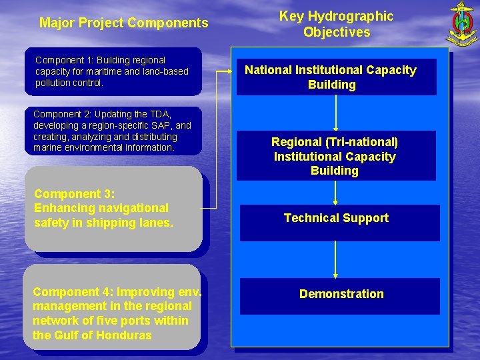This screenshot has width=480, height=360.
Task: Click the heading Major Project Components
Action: [x=124, y=23]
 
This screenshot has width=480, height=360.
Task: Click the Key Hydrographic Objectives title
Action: [x=336, y=24]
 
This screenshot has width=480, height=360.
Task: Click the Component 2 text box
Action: [x=112, y=131]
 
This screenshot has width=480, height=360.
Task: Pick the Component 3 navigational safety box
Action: [x=113, y=209]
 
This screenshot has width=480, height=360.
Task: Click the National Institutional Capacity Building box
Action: [x=336, y=77]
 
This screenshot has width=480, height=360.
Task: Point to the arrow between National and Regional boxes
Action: [x=336, y=113]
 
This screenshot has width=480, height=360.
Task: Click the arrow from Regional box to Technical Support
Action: [x=335, y=192]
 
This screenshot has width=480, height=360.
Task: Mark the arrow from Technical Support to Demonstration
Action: [x=335, y=259]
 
